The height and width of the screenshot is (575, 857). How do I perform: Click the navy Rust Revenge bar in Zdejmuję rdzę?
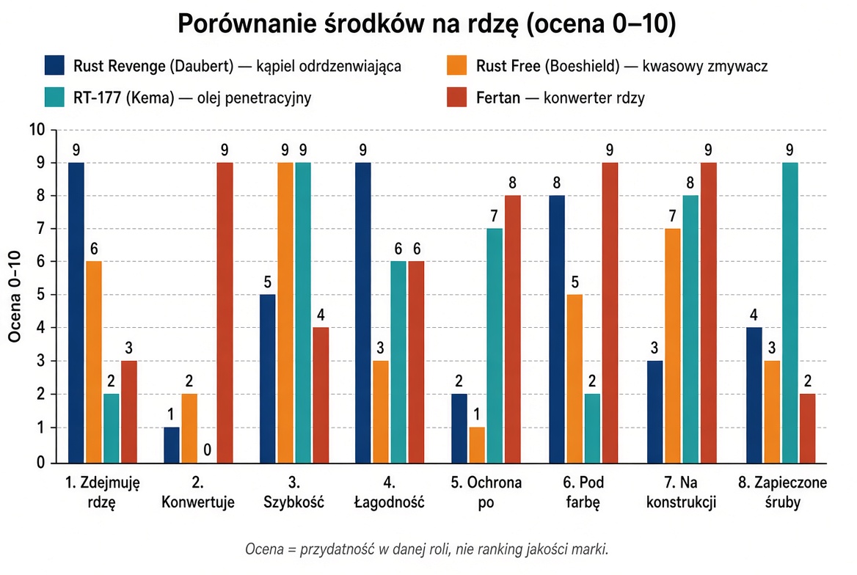pos(76,312)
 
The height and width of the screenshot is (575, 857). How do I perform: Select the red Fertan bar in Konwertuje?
pos(225,312)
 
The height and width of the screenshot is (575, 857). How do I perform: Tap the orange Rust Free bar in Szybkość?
pos(285,312)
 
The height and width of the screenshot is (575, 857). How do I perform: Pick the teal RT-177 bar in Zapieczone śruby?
pos(789,312)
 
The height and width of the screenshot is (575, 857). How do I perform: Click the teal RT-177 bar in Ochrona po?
pos(495,346)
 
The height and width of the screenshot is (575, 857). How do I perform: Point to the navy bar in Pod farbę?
pos(557,329)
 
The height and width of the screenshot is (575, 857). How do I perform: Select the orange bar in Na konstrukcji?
pos(673,346)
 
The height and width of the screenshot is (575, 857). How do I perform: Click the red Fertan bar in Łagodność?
pos(417,362)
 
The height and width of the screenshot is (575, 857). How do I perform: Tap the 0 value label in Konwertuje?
pos(207,450)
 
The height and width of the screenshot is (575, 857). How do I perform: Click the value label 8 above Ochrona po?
pos(512,183)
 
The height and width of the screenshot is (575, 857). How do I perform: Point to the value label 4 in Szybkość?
pos(321,315)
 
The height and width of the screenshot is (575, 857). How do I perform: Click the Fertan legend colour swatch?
pos(457,98)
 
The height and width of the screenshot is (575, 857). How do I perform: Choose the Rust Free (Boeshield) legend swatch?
pos(457,65)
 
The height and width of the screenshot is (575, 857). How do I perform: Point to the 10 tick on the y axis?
pos(37,130)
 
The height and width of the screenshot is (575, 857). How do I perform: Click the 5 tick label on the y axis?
pos(40,295)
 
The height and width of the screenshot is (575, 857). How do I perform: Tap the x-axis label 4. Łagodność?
pos(389,492)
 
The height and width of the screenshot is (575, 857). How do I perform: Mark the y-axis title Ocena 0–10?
pos(14,296)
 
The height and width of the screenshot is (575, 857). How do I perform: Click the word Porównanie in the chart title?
pos(247,25)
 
